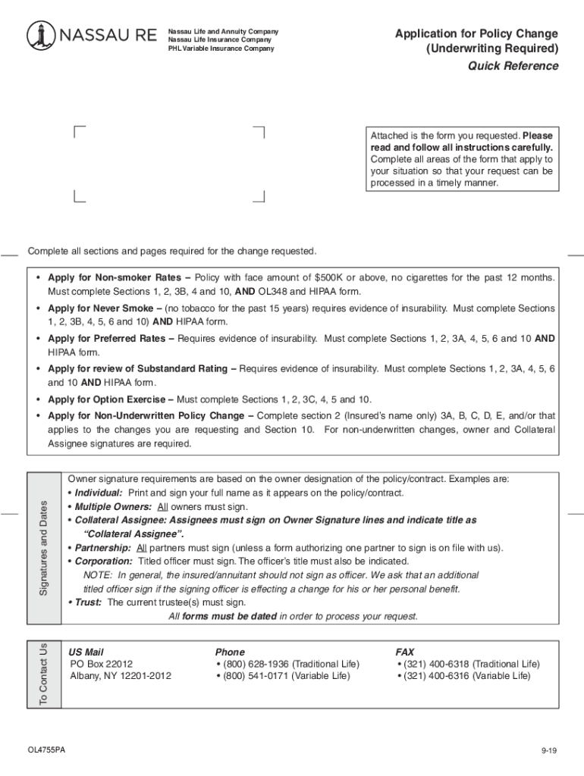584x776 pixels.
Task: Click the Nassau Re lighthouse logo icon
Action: tap(40, 36)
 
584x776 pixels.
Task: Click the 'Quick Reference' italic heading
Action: tap(513, 66)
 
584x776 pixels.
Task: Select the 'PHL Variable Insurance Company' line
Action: tap(221, 48)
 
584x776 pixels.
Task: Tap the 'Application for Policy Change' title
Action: tap(476, 34)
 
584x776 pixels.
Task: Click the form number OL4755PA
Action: tap(46, 750)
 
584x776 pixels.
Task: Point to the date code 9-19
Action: tap(549, 751)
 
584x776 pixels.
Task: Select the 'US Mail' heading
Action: tap(86, 652)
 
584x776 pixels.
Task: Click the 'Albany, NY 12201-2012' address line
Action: tap(121, 676)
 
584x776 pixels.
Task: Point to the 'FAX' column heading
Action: tap(405, 652)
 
